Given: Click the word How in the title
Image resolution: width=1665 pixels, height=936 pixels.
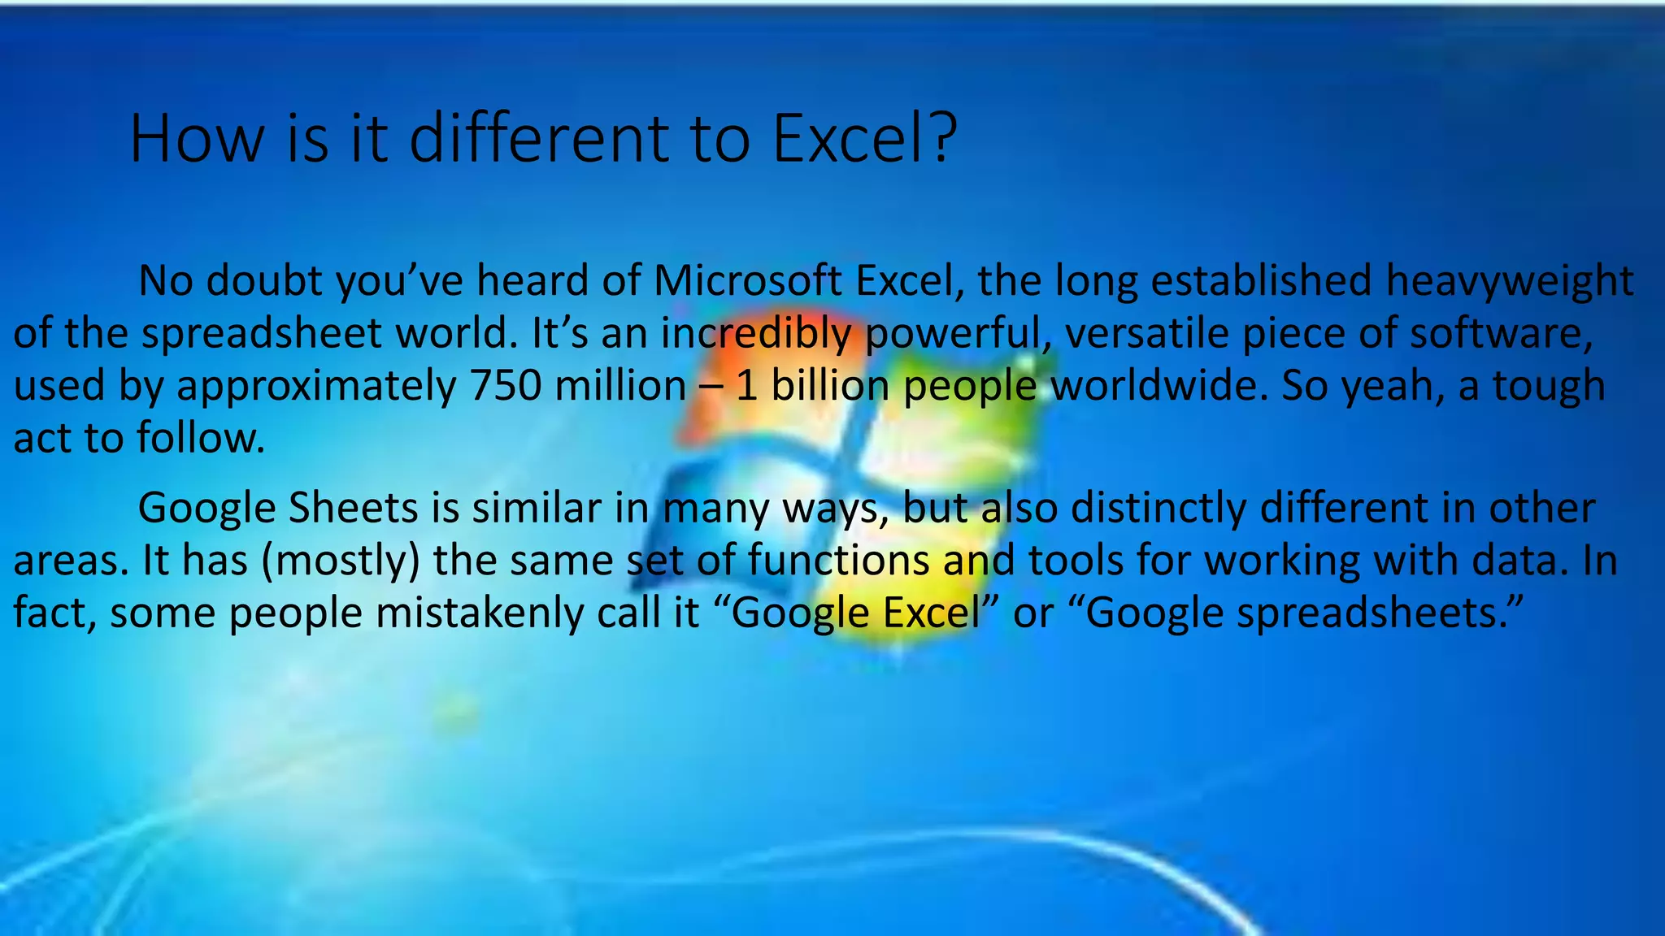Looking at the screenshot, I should (x=196, y=139).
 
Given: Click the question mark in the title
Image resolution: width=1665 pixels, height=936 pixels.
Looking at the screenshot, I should (x=943, y=139).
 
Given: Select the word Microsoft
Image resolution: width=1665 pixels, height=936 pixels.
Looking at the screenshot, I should (x=747, y=281).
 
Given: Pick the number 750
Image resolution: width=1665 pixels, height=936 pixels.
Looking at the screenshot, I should (x=506, y=386).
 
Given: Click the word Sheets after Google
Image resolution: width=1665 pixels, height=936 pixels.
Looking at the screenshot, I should (x=353, y=509).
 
